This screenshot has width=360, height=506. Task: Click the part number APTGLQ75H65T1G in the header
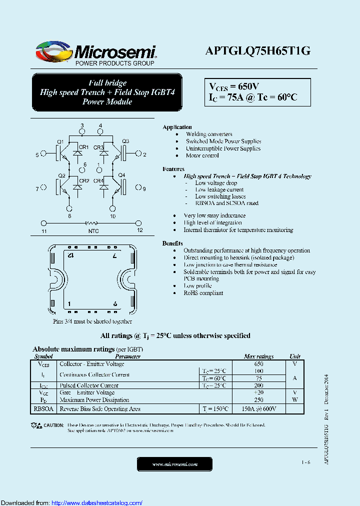(x=258, y=51)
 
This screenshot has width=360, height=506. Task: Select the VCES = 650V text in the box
(x=233, y=86)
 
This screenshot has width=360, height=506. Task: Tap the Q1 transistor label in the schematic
(x=60, y=141)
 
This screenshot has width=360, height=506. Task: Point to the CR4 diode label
(x=98, y=180)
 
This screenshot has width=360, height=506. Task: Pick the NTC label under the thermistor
(x=93, y=230)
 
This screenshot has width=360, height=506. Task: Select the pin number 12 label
(x=140, y=230)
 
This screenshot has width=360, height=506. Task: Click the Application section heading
(x=177, y=127)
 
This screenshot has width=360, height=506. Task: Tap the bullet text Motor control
(x=202, y=155)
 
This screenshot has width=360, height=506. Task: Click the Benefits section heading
(x=172, y=243)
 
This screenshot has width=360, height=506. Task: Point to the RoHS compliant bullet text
(x=203, y=293)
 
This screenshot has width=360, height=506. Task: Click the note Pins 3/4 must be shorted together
(x=92, y=321)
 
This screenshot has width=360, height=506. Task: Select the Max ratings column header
(x=258, y=356)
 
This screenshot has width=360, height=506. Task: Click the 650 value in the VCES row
(x=258, y=364)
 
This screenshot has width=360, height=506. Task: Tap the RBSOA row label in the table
(x=43, y=408)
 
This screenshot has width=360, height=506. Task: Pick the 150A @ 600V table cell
(x=259, y=409)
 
